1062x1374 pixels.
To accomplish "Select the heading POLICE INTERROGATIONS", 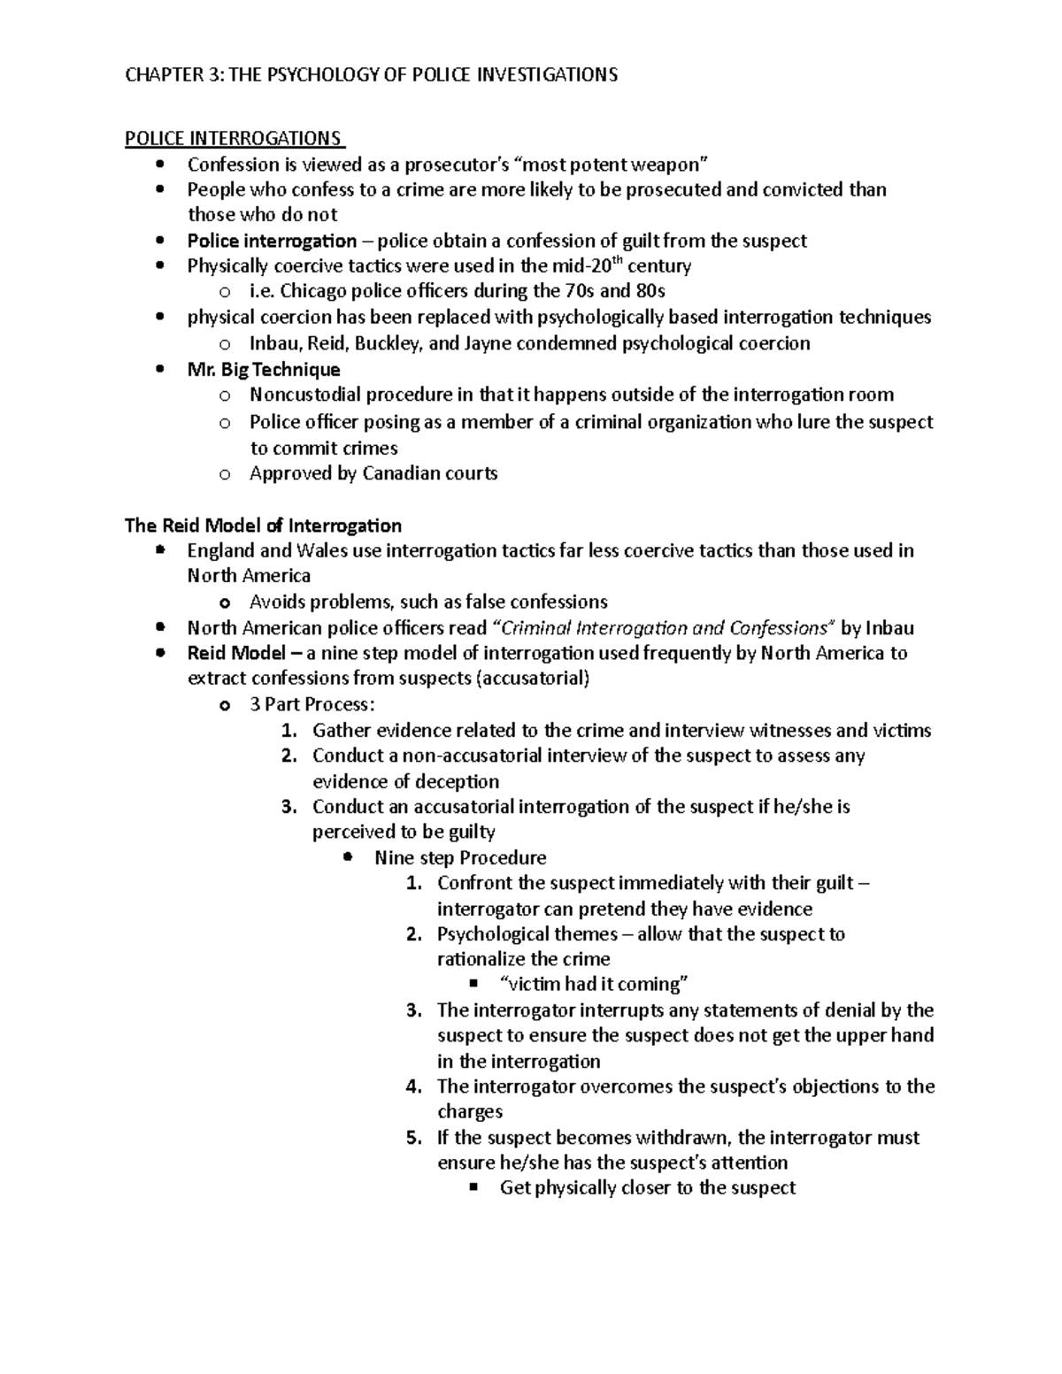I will tap(233, 139).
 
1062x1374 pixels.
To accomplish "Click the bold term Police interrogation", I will tap(272, 241).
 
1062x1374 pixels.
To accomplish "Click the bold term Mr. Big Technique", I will tap(264, 369).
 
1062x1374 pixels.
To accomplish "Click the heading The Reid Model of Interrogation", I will tap(263, 526).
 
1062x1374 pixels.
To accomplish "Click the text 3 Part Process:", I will tap(312, 704).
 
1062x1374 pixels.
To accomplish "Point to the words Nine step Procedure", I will tap(460, 857).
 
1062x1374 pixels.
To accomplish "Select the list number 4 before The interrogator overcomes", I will tap(412, 1086).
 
